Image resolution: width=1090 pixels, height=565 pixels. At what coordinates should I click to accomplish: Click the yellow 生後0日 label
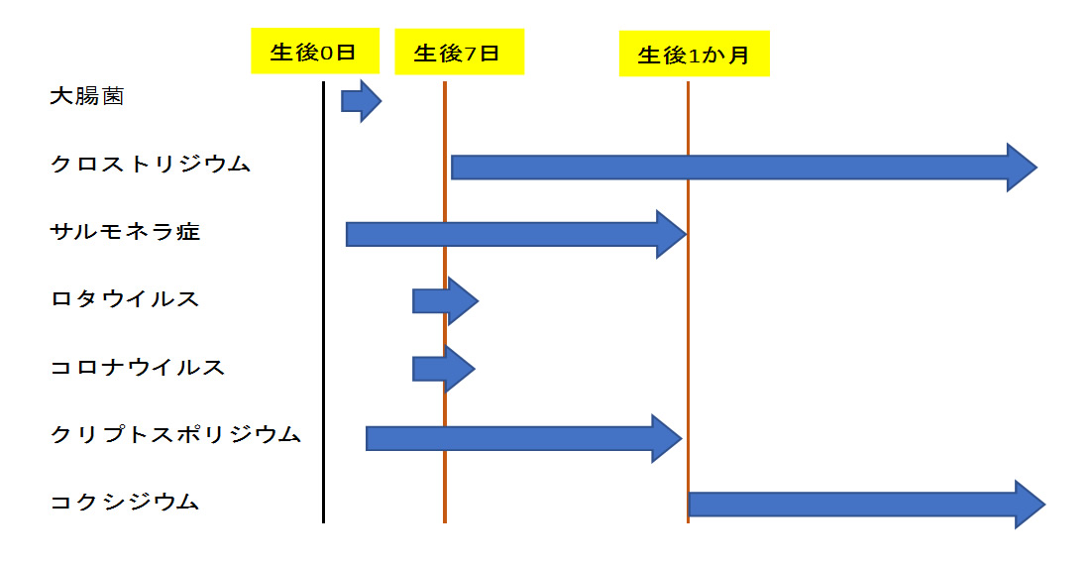(314, 52)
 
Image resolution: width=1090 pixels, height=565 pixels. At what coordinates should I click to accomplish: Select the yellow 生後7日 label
(458, 53)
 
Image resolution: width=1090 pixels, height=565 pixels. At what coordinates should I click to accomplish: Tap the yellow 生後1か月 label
(694, 55)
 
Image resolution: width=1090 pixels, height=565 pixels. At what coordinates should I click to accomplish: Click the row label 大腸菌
(87, 97)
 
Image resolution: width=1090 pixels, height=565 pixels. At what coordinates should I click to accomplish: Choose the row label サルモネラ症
(125, 232)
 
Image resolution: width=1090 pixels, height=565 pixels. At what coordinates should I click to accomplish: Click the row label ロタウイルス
(125, 299)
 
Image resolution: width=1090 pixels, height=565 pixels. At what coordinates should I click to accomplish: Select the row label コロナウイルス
(138, 367)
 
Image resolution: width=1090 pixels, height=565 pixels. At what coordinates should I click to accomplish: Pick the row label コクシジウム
(125, 503)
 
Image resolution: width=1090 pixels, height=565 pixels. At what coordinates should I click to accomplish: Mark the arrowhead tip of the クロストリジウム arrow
(1035, 168)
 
